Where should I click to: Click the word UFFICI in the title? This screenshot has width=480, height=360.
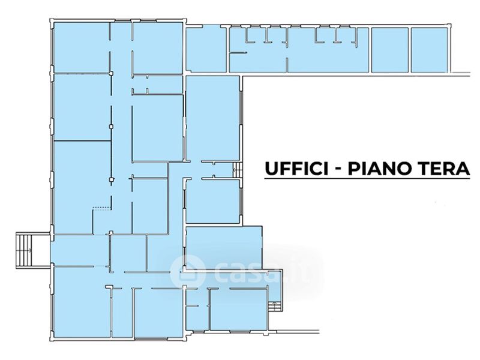pyautogui.click(x=295, y=169)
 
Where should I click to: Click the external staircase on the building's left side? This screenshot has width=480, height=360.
pyautogui.click(x=26, y=250)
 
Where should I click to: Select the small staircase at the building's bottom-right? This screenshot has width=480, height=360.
pyautogui.click(x=275, y=307)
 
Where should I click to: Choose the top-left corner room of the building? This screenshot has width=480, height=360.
pyautogui.click(x=81, y=47)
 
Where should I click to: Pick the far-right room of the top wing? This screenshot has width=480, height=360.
pyautogui.click(x=429, y=50)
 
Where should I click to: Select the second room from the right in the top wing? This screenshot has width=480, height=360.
pyautogui.click(x=389, y=50)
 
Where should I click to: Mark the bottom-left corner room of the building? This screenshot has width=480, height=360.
pyautogui.click(x=81, y=303)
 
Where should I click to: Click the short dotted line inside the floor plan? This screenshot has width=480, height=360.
pyautogui.click(x=101, y=209)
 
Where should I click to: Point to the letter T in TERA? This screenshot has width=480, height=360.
pyautogui.click(x=425, y=169)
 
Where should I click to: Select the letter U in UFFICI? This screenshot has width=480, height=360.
pyautogui.click(x=271, y=169)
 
